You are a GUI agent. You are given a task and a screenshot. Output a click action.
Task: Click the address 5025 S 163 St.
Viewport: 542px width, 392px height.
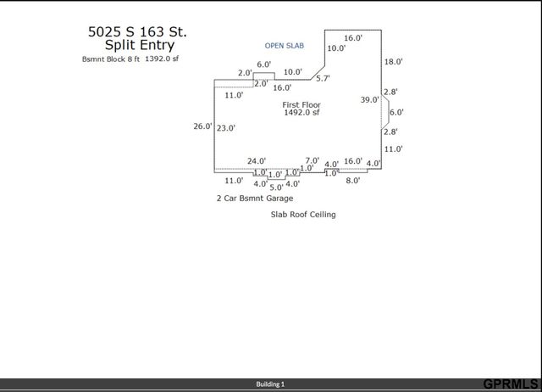pyautogui.click(x=137, y=31)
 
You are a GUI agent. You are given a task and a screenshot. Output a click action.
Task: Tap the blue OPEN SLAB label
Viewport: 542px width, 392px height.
pyautogui.click(x=284, y=45)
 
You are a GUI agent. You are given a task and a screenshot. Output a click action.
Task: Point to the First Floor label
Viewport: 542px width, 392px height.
pyautogui.click(x=301, y=104)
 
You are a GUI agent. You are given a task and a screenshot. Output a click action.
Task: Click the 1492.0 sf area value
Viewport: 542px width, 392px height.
pyautogui.click(x=301, y=112)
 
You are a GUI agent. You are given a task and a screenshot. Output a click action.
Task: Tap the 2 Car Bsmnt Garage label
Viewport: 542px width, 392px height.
pyautogui.click(x=254, y=198)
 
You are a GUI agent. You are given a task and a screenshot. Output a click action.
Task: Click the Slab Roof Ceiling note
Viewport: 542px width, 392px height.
pyautogui.click(x=303, y=215)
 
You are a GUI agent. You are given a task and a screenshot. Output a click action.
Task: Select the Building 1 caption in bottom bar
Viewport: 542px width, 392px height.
pyautogui.click(x=271, y=384)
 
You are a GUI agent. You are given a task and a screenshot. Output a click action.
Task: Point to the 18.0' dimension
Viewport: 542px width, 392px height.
pyautogui.click(x=393, y=62)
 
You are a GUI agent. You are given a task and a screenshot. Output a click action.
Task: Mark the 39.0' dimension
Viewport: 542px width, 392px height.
pyautogui.click(x=370, y=100)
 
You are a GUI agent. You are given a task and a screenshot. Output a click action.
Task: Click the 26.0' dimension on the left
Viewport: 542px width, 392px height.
pyautogui.click(x=202, y=126)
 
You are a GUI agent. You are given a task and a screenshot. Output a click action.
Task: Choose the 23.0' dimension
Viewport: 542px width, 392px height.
pyautogui.click(x=225, y=128)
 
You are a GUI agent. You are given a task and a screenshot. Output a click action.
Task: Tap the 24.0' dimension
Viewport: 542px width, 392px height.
pyautogui.click(x=257, y=160)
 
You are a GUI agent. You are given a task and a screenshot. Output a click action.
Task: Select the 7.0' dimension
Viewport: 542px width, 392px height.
pyautogui.click(x=312, y=160)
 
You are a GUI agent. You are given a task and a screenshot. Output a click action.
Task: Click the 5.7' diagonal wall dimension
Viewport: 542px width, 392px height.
pyautogui.click(x=323, y=78)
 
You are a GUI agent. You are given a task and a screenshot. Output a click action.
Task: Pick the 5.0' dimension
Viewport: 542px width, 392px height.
pyautogui.click(x=276, y=187)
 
